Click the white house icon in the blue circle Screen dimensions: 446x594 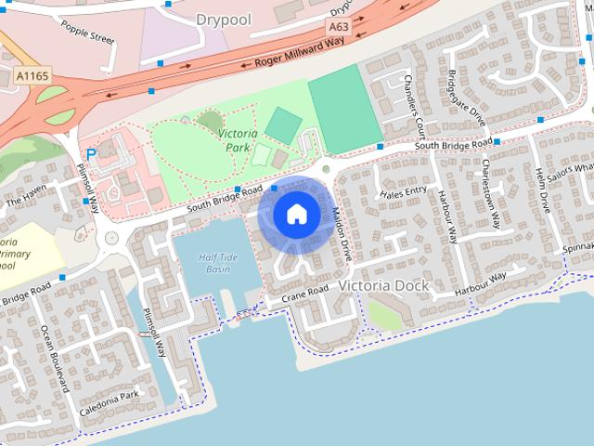(296, 214)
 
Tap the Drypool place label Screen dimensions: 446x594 (225, 19)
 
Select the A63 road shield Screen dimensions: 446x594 (338, 29)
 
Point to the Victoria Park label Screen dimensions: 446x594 (238, 140)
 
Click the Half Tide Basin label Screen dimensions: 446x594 (217, 263)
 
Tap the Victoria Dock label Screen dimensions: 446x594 (384, 285)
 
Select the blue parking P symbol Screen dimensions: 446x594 (91, 155)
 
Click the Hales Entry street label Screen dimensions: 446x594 (404, 192)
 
